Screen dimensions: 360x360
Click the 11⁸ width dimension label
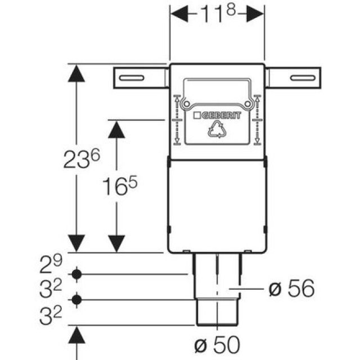click(217, 13)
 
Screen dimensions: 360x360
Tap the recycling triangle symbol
click(217, 131)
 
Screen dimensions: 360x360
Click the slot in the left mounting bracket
click(134, 77)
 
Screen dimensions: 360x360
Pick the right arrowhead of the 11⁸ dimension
click(255, 14)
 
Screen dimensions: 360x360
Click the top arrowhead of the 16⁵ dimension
click(116, 130)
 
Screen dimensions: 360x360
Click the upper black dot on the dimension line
click(77, 274)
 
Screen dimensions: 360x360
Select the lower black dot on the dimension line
click(77, 299)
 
